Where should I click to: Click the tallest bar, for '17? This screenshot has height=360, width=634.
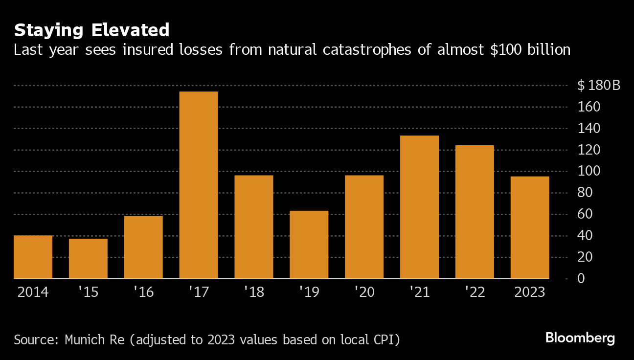coord(198,185)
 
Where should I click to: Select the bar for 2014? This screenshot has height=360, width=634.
coord(33,257)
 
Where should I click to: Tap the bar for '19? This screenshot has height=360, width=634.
coord(309,245)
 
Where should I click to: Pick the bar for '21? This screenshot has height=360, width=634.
coord(419,207)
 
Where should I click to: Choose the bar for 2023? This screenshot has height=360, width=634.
coord(530,227)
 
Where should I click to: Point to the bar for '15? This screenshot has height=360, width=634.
coord(88,258)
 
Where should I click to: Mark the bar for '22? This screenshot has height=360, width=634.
coord(475,212)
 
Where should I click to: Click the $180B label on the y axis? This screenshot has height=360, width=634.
coord(598,86)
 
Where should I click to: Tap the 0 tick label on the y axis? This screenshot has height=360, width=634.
coord(581,278)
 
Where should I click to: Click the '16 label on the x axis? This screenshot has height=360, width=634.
coord(143,292)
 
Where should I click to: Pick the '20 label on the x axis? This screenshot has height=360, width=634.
coord(364,292)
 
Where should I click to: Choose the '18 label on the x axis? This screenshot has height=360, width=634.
coord(254,292)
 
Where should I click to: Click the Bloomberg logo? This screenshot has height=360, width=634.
coord(580,338)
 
